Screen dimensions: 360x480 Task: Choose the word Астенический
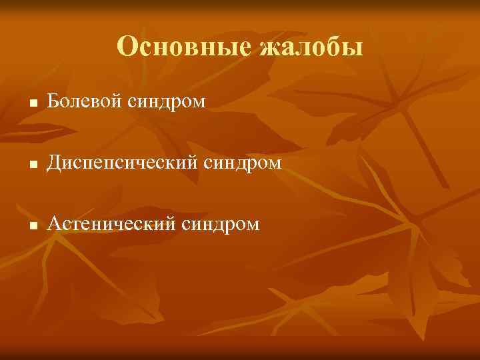pos(109,223)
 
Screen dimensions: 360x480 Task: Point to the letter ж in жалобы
pos(261,49)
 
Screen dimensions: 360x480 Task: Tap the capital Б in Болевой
pos(53,101)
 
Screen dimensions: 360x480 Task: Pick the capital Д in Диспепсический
pos(53,162)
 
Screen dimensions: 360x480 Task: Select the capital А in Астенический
pos(53,223)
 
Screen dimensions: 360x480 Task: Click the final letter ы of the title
pos(353,49)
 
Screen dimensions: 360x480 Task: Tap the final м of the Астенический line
pos(253,225)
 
